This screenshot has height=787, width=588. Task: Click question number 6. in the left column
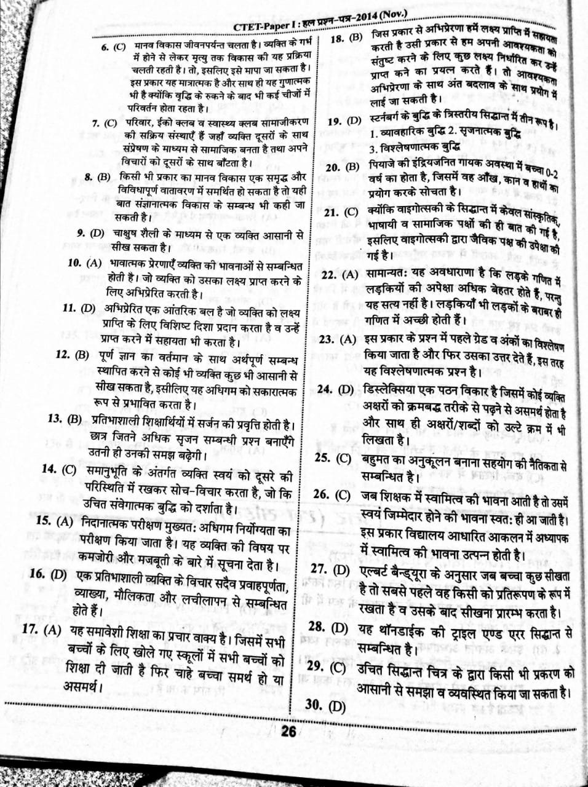[104, 47]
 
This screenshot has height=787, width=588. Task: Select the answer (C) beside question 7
[111, 123]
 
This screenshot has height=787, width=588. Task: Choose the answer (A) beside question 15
[65, 521]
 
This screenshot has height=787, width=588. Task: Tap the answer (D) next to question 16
[58, 574]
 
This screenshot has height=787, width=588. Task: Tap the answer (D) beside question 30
[336, 706]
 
